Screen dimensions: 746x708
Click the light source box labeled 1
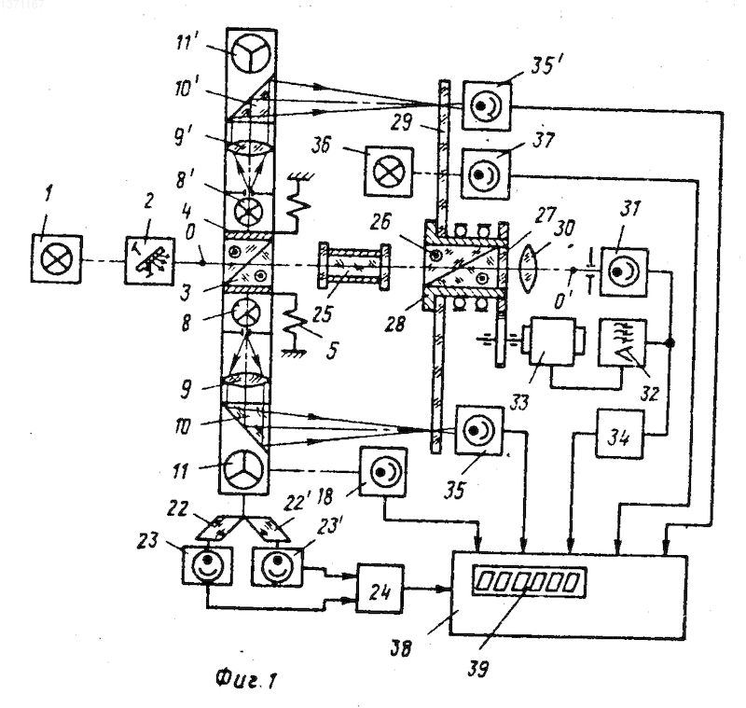coord(56,260)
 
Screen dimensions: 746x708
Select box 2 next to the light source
coord(149,261)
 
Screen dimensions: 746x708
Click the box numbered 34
coord(619,434)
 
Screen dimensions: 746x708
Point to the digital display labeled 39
coord(529,581)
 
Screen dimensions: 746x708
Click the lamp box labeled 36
coord(389,172)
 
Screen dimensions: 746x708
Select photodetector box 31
coord(624,272)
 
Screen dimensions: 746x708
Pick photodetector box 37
coord(485,174)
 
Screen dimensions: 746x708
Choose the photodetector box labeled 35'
coord(487,106)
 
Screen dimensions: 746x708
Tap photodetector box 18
coord(383,473)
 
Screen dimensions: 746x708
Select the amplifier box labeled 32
coord(622,342)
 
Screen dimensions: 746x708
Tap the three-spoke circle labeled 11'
coord(251,54)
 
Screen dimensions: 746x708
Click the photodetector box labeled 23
coord(207,564)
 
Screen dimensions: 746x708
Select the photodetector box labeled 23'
coord(278,564)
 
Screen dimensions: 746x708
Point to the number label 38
coord(400,648)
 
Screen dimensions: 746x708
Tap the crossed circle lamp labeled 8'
coord(248,210)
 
